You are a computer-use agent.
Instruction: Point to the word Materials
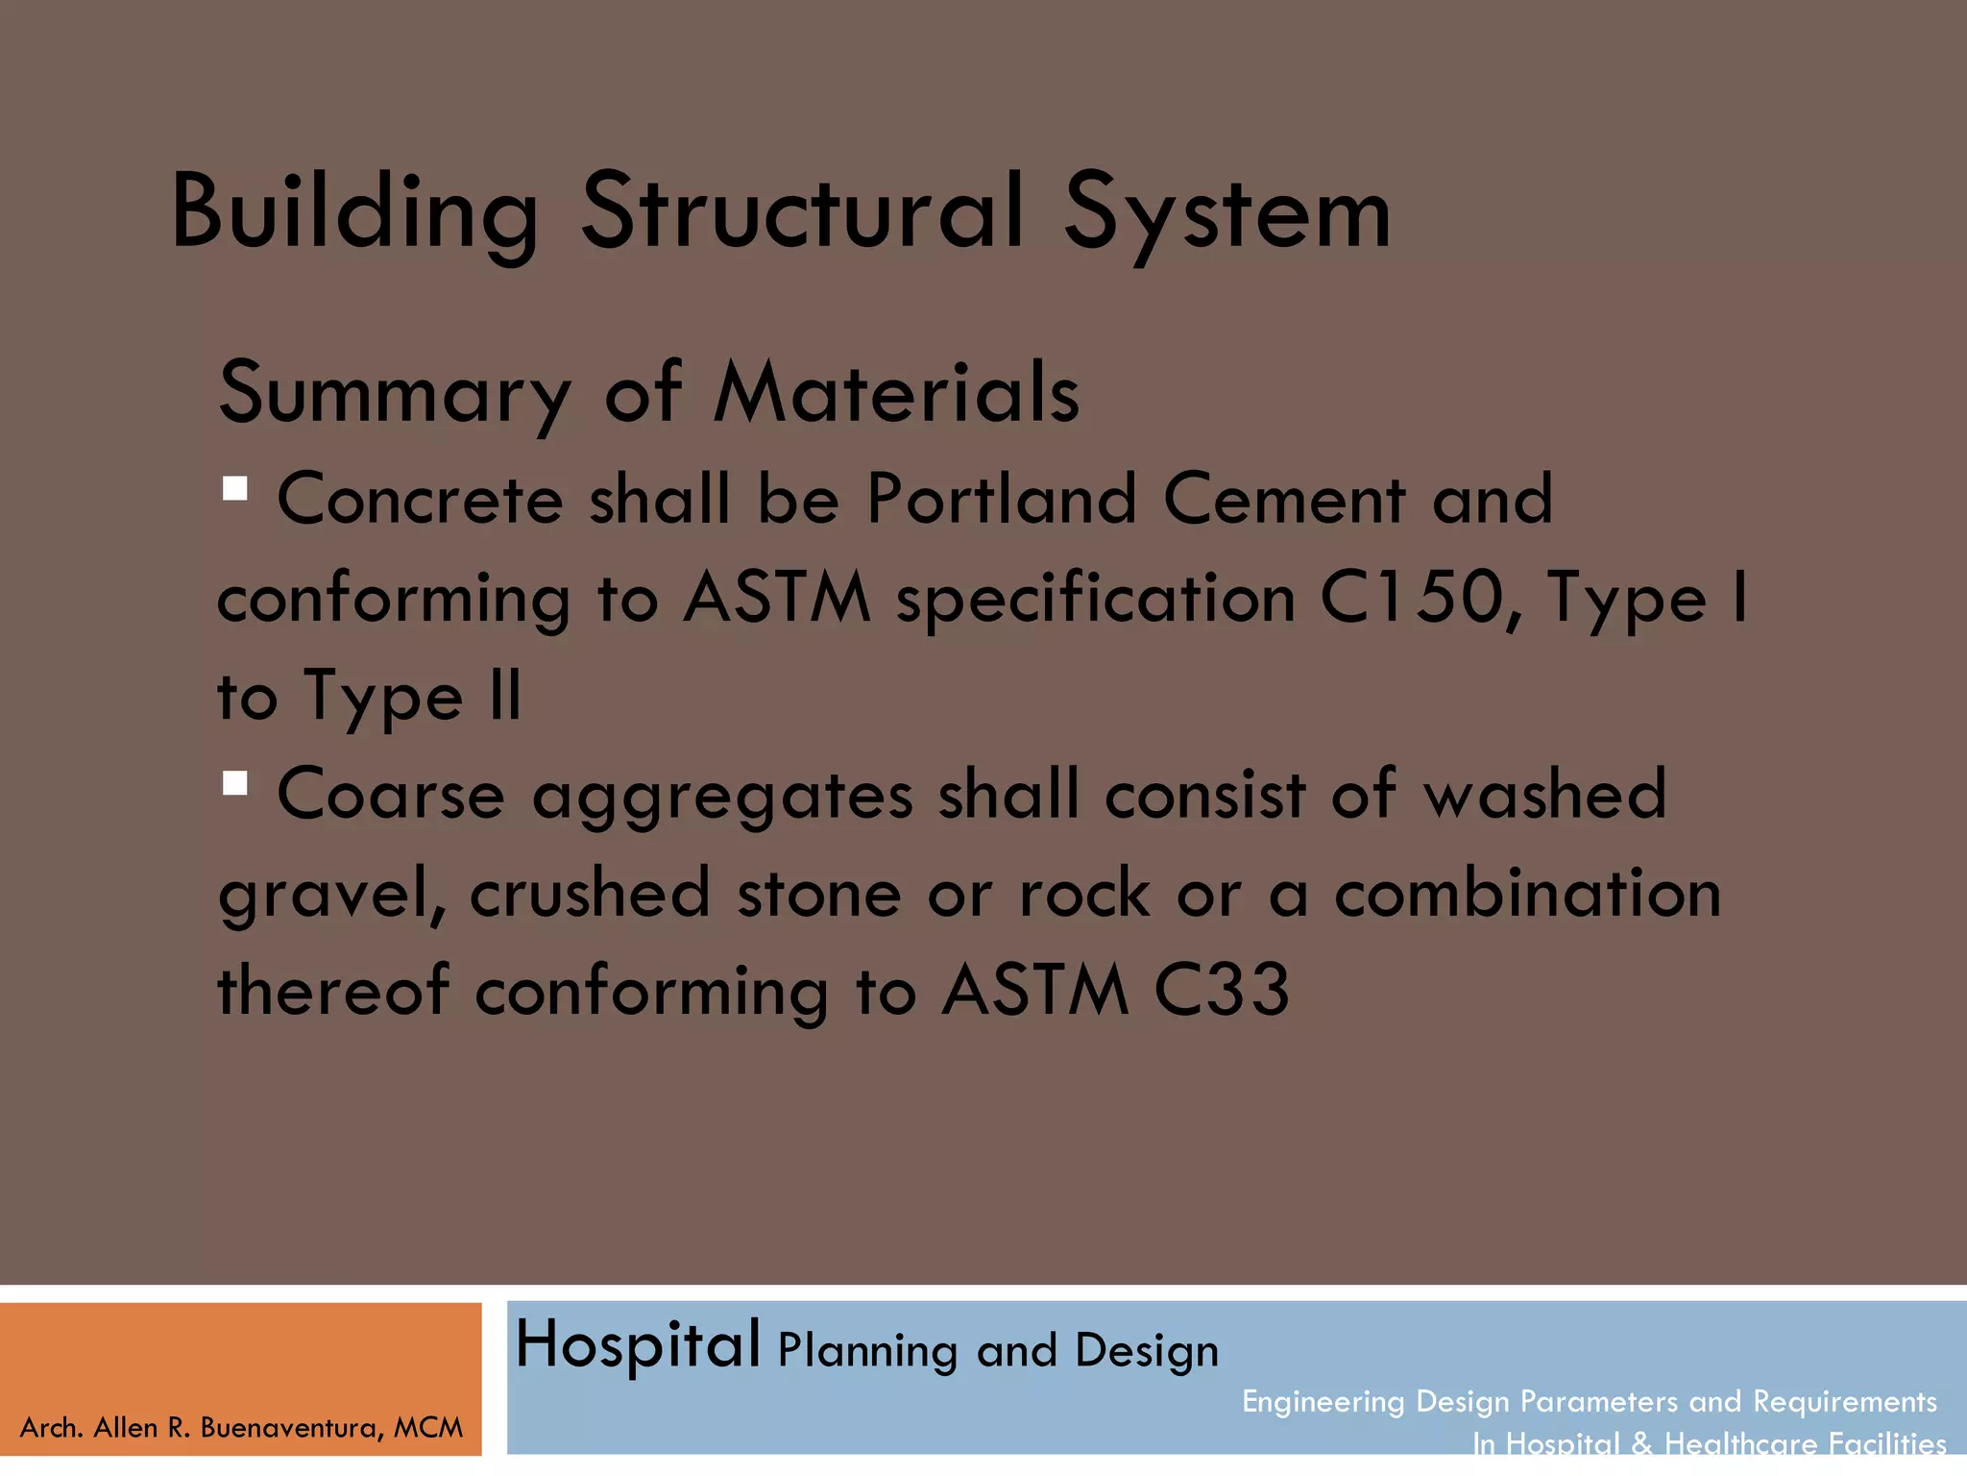pyautogui.click(x=896, y=392)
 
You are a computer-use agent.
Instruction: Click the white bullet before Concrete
pyautogui.click(x=235, y=489)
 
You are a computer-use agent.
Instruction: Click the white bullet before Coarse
pyautogui.click(x=235, y=783)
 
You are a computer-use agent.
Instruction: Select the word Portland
pyautogui.click(x=1001, y=499)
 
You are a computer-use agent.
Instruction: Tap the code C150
pyautogui.click(x=1409, y=598)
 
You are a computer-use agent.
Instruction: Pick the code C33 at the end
pyautogui.click(x=1221, y=990)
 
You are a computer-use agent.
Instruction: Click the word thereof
pyautogui.click(x=333, y=990)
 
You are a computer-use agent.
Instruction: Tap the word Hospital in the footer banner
pyautogui.click(x=638, y=1345)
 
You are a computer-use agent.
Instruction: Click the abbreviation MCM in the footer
pyautogui.click(x=428, y=1428)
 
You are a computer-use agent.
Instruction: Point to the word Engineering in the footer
pyautogui.click(x=1323, y=1402)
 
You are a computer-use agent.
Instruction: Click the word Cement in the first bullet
pyautogui.click(x=1284, y=499)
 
